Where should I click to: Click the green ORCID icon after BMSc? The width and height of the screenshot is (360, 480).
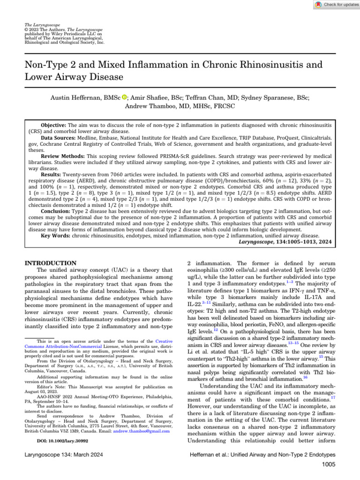tap(124, 97)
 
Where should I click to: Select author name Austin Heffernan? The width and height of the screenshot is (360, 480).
tap(73, 97)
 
